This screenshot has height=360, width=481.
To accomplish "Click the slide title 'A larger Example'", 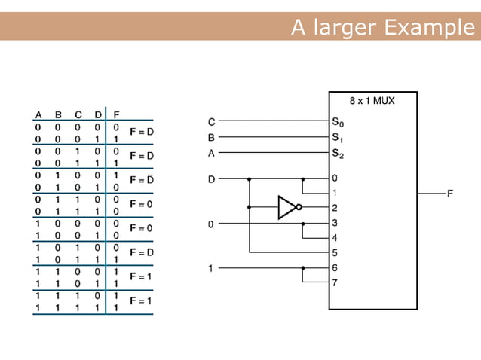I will (384, 28).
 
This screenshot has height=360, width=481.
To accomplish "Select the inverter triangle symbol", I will (287, 207).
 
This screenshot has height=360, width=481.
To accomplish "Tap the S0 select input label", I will (337, 121).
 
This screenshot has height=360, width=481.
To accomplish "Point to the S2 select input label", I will (337, 153).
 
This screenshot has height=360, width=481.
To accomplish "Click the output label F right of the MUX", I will (450, 194).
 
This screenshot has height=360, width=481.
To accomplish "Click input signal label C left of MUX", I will (211, 121).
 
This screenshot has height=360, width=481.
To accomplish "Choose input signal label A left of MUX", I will (211, 153).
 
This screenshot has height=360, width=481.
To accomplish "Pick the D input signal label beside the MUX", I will (211, 179).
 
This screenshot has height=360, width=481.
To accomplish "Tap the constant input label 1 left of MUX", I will (211, 268).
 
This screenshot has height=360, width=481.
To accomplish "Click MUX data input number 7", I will (335, 283).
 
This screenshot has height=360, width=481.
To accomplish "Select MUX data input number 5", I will (335, 252).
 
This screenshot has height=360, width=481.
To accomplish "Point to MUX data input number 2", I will (335, 207).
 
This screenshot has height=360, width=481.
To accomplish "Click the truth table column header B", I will (58, 114).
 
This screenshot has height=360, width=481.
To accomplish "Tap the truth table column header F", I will (115, 114).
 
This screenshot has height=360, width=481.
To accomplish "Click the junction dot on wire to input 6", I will (303, 268).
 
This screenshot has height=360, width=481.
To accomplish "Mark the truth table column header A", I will (38, 114).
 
